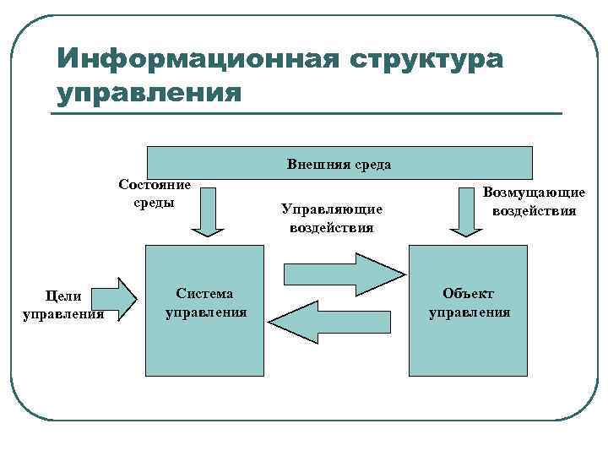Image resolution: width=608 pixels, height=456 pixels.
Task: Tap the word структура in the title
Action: point(422,59)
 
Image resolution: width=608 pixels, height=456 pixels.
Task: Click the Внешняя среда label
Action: point(339,164)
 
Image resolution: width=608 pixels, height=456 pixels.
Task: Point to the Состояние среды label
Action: point(155,193)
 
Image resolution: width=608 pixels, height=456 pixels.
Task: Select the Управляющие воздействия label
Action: point(332,217)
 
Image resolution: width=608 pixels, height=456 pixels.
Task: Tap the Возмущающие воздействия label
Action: point(535,202)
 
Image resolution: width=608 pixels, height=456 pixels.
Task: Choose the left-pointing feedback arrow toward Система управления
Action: point(334,322)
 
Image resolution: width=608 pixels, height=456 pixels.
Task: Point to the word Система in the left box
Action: point(205,294)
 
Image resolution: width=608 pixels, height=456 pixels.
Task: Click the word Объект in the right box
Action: point(469,294)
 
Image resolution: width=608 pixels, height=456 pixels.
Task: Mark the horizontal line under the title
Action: point(307,114)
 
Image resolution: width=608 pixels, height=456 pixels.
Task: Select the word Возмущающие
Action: point(535,193)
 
